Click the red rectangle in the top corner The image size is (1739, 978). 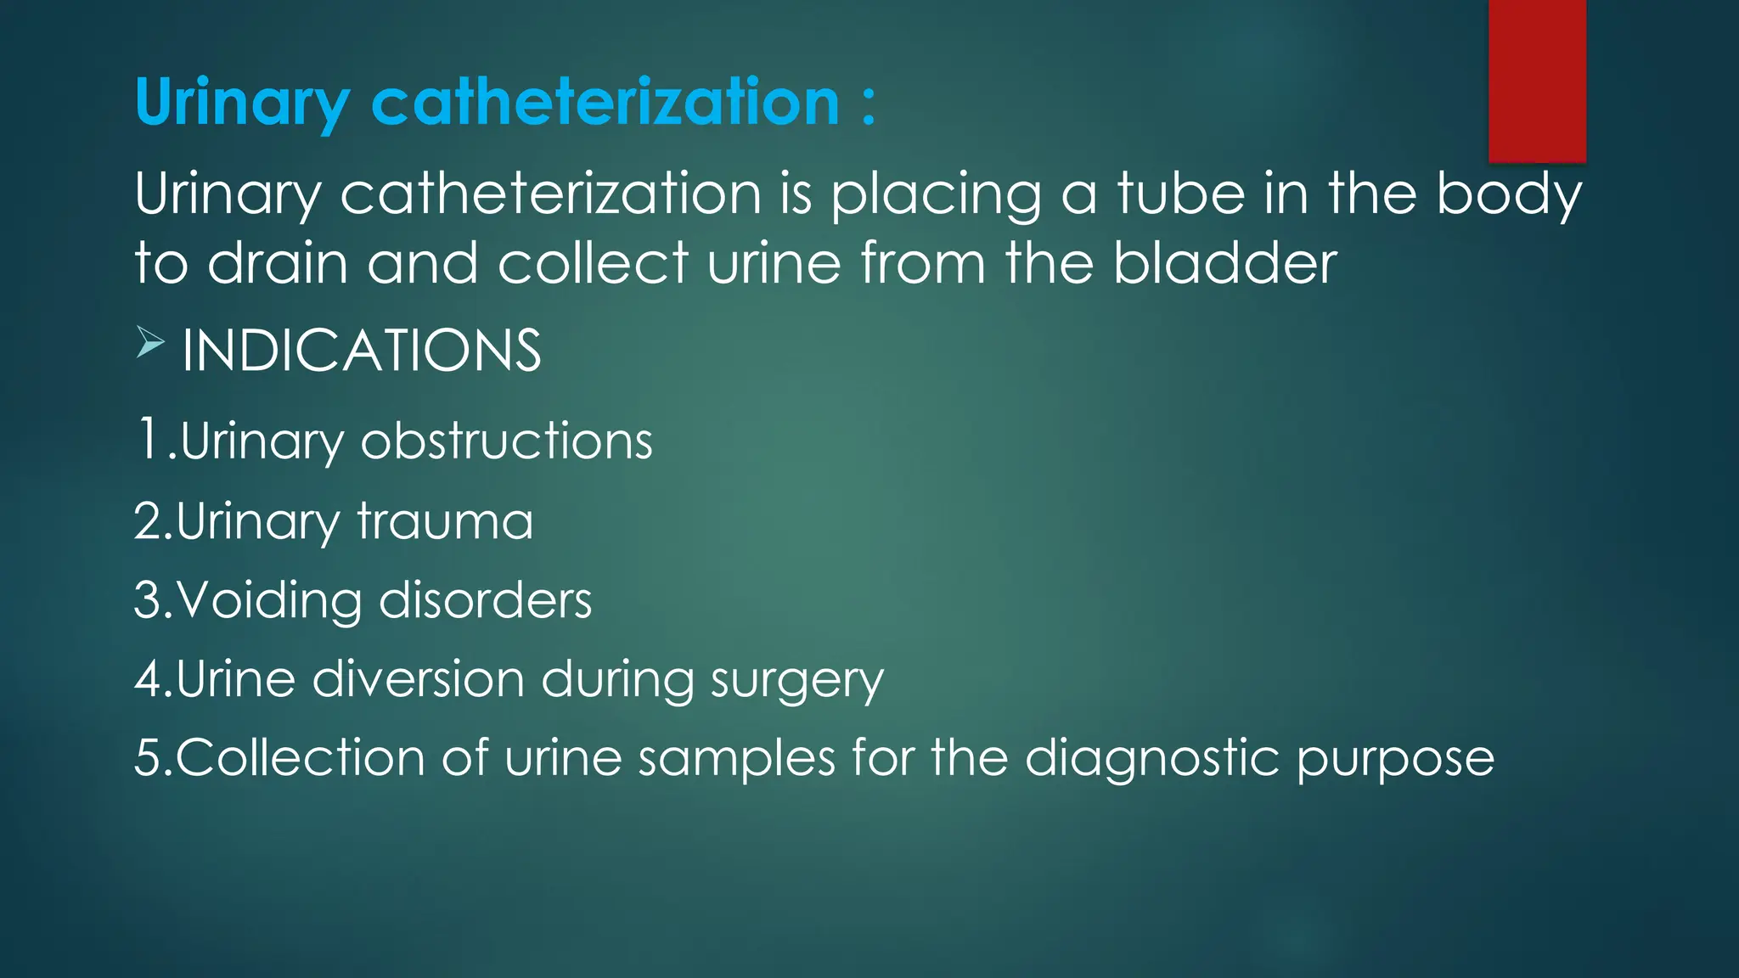(x=1537, y=81)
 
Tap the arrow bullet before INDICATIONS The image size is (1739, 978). (x=150, y=344)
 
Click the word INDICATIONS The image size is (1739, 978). (x=362, y=351)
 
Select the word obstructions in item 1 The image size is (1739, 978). (x=506, y=441)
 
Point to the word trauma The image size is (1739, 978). (x=445, y=520)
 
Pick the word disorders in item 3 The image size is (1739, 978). (x=485, y=600)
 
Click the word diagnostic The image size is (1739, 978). (x=1152, y=758)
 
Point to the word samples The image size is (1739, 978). (x=736, y=758)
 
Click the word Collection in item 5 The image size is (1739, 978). (x=301, y=757)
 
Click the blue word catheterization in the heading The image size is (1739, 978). (x=605, y=102)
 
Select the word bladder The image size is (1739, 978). (x=1224, y=262)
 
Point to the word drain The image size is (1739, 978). (x=278, y=262)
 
